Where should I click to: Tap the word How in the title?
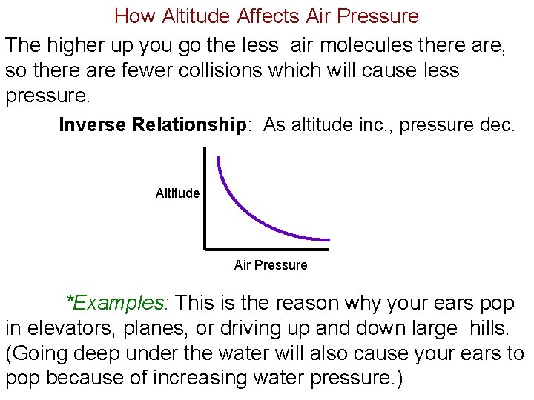click(x=133, y=16)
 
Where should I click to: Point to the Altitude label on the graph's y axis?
click(x=177, y=194)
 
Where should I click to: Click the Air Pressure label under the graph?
click(x=270, y=265)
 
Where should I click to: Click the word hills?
click(x=493, y=328)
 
